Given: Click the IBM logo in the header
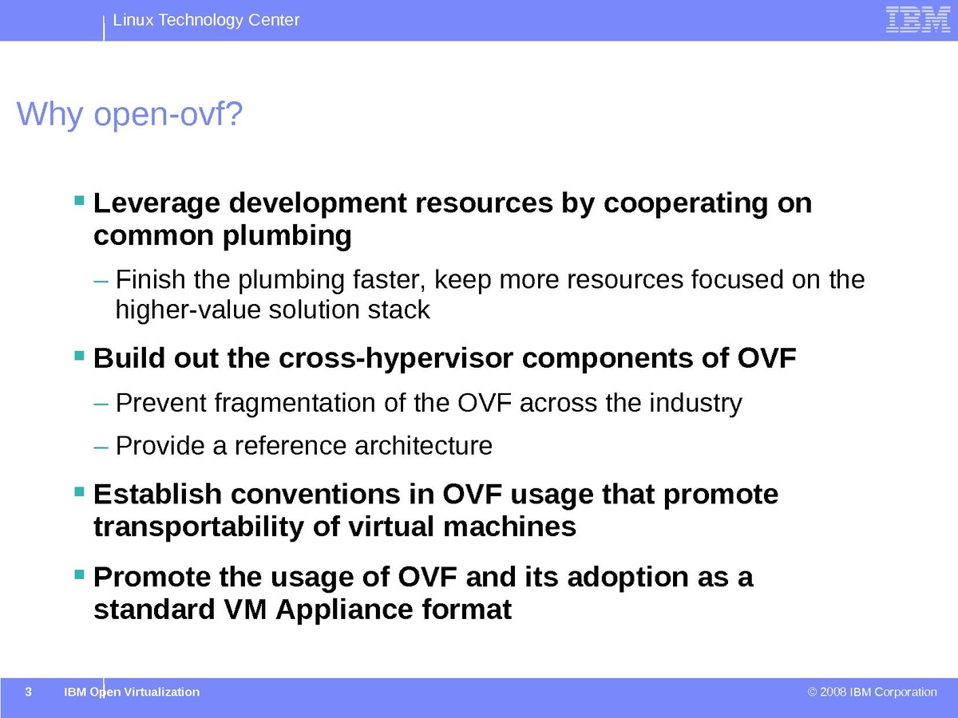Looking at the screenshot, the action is (x=918, y=20).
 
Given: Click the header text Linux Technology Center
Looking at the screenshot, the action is (x=206, y=20).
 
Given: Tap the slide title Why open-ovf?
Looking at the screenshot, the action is (x=129, y=114).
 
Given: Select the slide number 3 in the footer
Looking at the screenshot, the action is (x=29, y=692).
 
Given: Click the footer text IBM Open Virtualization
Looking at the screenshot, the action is (x=132, y=692).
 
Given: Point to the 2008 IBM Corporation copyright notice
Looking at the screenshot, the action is (x=872, y=692).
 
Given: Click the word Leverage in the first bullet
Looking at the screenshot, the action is (x=156, y=204).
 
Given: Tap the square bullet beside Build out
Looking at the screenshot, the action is (x=79, y=356).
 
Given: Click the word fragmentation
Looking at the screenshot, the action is (x=295, y=403).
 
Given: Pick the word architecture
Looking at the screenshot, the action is (x=423, y=445).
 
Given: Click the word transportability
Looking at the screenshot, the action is (x=199, y=527).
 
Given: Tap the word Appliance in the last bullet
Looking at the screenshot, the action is (x=344, y=610).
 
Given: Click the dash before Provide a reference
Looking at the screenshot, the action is (x=101, y=448).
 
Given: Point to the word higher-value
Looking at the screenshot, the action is (x=188, y=310).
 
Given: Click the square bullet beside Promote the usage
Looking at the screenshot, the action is (x=79, y=574).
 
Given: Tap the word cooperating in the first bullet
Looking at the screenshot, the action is (x=686, y=204).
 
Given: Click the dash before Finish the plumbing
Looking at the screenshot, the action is (x=101, y=281).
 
